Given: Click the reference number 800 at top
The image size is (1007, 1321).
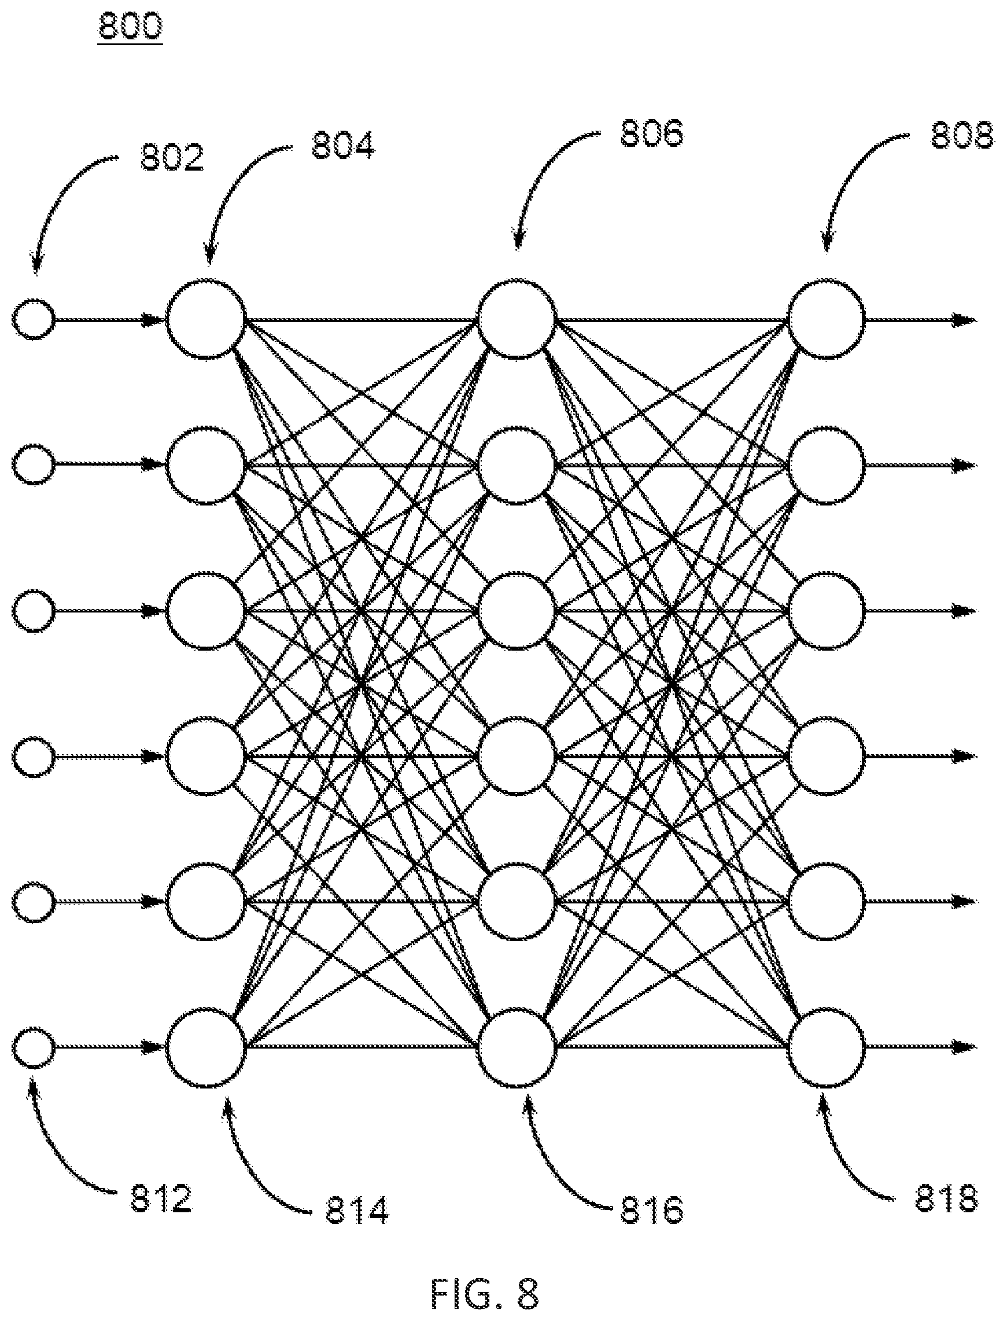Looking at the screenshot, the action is [131, 27].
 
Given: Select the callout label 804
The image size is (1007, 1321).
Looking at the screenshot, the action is [343, 146].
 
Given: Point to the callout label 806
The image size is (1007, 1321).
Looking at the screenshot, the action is [651, 133].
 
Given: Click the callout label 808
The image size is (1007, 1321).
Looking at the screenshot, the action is [961, 135].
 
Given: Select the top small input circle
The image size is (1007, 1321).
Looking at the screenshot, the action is [34, 319].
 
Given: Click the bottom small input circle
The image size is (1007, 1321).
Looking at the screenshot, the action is [34, 1046].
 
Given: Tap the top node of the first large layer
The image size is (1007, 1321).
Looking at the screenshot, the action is [205, 319].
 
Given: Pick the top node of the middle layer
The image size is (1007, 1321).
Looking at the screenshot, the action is [517, 319].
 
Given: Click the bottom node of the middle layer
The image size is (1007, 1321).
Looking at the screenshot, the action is [517, 1046].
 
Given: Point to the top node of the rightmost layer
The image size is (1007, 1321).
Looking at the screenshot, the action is [826, 319].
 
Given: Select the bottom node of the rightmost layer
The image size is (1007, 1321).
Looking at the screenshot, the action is [826, 1046].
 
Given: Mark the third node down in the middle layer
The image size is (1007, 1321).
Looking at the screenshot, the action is [517, 611].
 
